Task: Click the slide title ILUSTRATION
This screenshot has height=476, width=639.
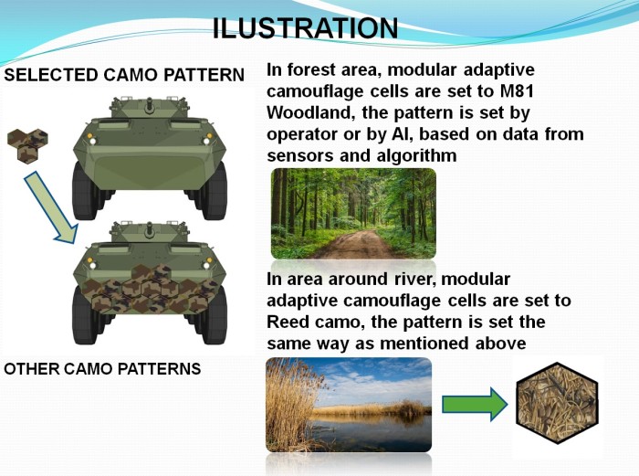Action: coord(305,28)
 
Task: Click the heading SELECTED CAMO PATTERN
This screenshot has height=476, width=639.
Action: coord(124,75)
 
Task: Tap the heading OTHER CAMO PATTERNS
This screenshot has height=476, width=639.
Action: coord(102,369)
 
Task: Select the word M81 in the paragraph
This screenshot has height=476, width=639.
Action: coord(517,91)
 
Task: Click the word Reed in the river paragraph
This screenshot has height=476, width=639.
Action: coord(289,323)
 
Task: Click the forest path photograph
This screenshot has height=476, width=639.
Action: coord(353,213)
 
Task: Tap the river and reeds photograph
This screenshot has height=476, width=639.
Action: coord(349,405)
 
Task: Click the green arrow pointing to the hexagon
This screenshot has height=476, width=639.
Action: coord(475,404)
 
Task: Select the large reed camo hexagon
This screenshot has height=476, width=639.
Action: coord(557,403)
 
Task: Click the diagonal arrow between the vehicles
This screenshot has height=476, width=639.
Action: coord(50,207)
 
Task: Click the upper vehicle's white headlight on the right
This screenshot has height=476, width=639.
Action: coord(206,141)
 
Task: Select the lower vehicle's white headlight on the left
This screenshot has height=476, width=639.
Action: coord(92,266)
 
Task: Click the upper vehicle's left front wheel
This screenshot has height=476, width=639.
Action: coord(85,191)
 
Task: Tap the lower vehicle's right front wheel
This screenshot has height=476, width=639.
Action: coord(214,315)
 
